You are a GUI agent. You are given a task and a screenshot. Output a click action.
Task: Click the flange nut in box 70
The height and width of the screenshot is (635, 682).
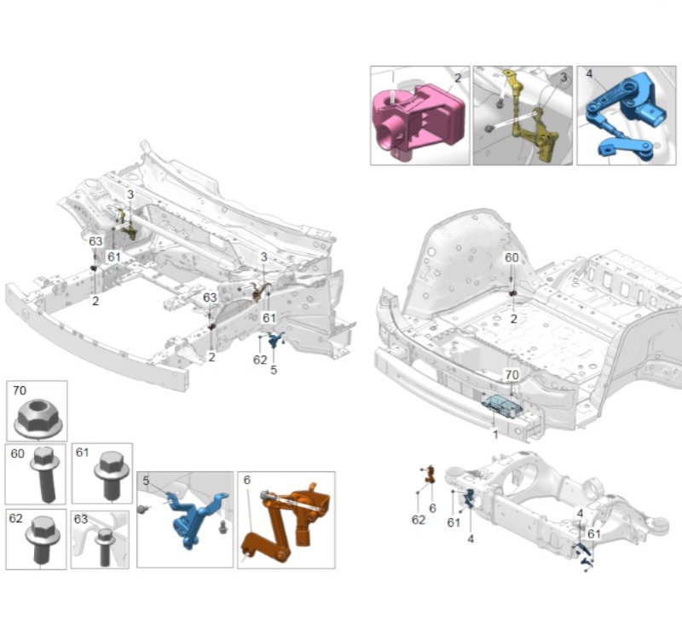pos(38,419)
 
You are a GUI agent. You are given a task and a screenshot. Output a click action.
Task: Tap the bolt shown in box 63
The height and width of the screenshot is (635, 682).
pos(104,546)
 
